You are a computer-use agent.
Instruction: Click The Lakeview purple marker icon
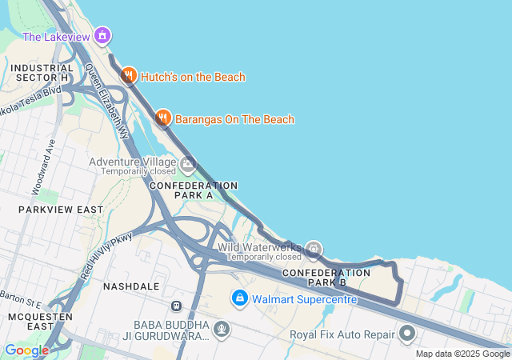102,36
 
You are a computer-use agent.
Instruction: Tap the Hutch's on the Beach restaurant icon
128,76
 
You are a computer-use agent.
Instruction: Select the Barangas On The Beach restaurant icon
163,118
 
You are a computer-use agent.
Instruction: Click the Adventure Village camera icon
188,166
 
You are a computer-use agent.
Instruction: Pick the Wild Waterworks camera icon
314,248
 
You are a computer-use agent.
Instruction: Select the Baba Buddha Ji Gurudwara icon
222,328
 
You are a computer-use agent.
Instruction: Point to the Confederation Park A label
194,190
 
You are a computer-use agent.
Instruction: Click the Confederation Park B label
326,278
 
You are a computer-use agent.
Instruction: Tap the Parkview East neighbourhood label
61,210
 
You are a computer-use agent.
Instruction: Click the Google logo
26,350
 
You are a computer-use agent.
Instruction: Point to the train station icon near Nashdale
176,306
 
